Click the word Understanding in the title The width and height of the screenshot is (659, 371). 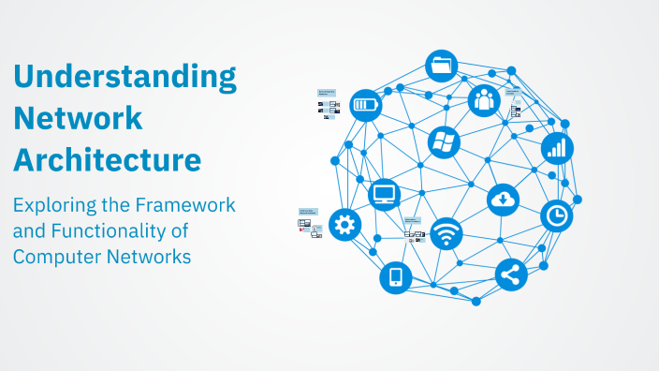(x=124, y=77)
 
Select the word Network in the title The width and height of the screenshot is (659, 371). (x=78, y=118)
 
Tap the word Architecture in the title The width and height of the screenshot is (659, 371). (x=107, y=158)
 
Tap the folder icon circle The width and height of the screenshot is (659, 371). (x=441, y=66)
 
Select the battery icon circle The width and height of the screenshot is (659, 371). (x=366, y=104)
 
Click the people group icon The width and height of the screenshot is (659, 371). (x=484, y=98)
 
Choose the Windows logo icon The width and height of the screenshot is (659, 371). (x=444, y=142)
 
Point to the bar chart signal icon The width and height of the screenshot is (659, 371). (x=557, y=147)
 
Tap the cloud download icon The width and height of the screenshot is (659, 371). (x=504, y=199)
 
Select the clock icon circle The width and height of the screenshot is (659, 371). (x=557, y=215)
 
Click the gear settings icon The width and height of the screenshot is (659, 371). (x=344, y=224)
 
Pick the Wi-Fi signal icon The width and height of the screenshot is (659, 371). (x=447, y=233)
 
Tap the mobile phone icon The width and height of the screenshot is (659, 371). (x=395, y=276)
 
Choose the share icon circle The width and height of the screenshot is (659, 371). (x=511, y=275)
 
